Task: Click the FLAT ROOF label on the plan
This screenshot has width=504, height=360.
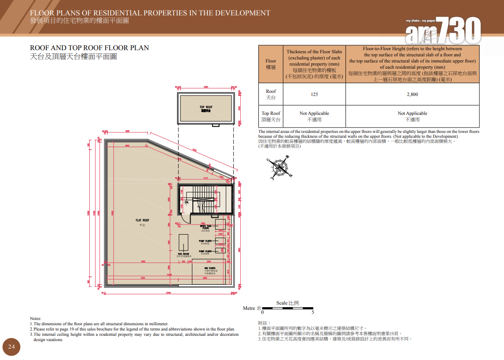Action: pyautogui.click(x=142, y=220)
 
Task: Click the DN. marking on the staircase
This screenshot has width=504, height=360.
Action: pyautogui.click(x=186, y=202)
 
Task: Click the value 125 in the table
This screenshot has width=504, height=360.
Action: pyautogui.click(x=314, y=94)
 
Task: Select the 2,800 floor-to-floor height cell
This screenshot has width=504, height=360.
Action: pyautogui.click(x=412, y=94)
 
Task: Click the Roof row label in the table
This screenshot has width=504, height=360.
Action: pyautogui.click(x=271, y=94)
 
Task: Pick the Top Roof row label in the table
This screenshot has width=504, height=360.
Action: pyautogui.click(x=271, y=116)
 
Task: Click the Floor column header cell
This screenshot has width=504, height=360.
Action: pyautogui.click(x=271, y=64)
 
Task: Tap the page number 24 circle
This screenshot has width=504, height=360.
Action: pyautogui.click(x=11, y=347)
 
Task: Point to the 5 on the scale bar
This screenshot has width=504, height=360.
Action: pyautogui.click(x=313, y=312)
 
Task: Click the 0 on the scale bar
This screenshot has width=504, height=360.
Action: pyautogui.click(x=263, y=312)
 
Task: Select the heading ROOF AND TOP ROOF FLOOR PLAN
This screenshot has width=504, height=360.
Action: pyautogui.click(x=89, y=48)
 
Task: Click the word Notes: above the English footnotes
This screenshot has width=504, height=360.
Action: pyautogui.click(x=35, y=318)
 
